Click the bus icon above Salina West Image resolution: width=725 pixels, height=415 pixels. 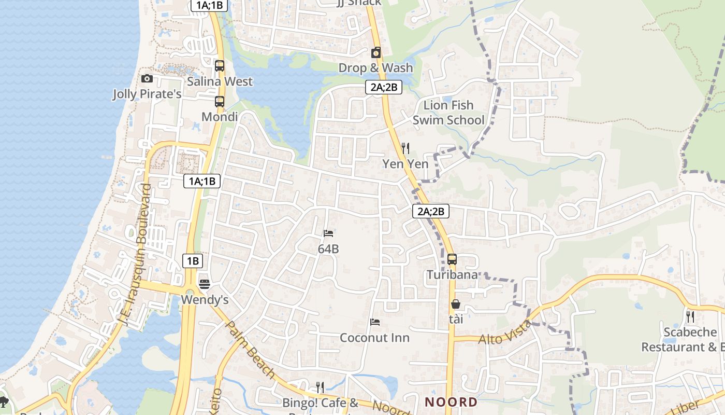coord(220,66)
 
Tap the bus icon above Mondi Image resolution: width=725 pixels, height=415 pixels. coord(220,101)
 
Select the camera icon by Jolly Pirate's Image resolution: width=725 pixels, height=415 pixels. coord(147,78)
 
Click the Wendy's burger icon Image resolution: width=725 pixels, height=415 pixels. coord(205,284)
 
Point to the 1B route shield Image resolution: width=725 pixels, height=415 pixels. coord(192,261)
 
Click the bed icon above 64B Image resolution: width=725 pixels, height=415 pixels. coord(328,233)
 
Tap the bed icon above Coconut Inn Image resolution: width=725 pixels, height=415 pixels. coord(375,322)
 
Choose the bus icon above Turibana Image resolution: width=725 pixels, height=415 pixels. coord(452,259)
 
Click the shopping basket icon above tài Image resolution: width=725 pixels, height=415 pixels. coord(456,304)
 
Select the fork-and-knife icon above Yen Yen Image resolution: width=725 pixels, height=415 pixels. coord(405,148)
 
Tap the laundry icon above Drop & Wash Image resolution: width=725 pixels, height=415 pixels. coord(376,52)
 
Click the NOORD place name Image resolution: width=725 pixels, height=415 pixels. coord(451,402)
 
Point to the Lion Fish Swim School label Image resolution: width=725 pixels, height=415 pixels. coord(448,113)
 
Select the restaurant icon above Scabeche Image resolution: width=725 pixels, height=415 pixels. coord(690,316)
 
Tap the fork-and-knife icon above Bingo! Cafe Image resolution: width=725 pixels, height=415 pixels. coord(320,387)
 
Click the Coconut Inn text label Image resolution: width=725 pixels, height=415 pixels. coord(374,338)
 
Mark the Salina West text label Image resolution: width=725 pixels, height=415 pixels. coord(220,81)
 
